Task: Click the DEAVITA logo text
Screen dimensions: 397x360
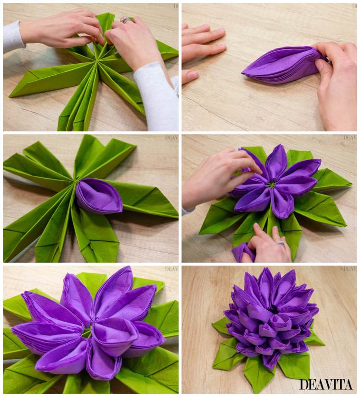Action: (326, 385)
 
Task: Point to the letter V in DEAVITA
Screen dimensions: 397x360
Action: (328, 385)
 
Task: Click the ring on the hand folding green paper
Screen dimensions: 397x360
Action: (125, 20)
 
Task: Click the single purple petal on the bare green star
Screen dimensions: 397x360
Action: (98, 196)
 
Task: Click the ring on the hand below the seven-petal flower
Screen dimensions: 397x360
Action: (281, 244)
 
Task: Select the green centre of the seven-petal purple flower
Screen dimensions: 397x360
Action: (272, 185)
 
